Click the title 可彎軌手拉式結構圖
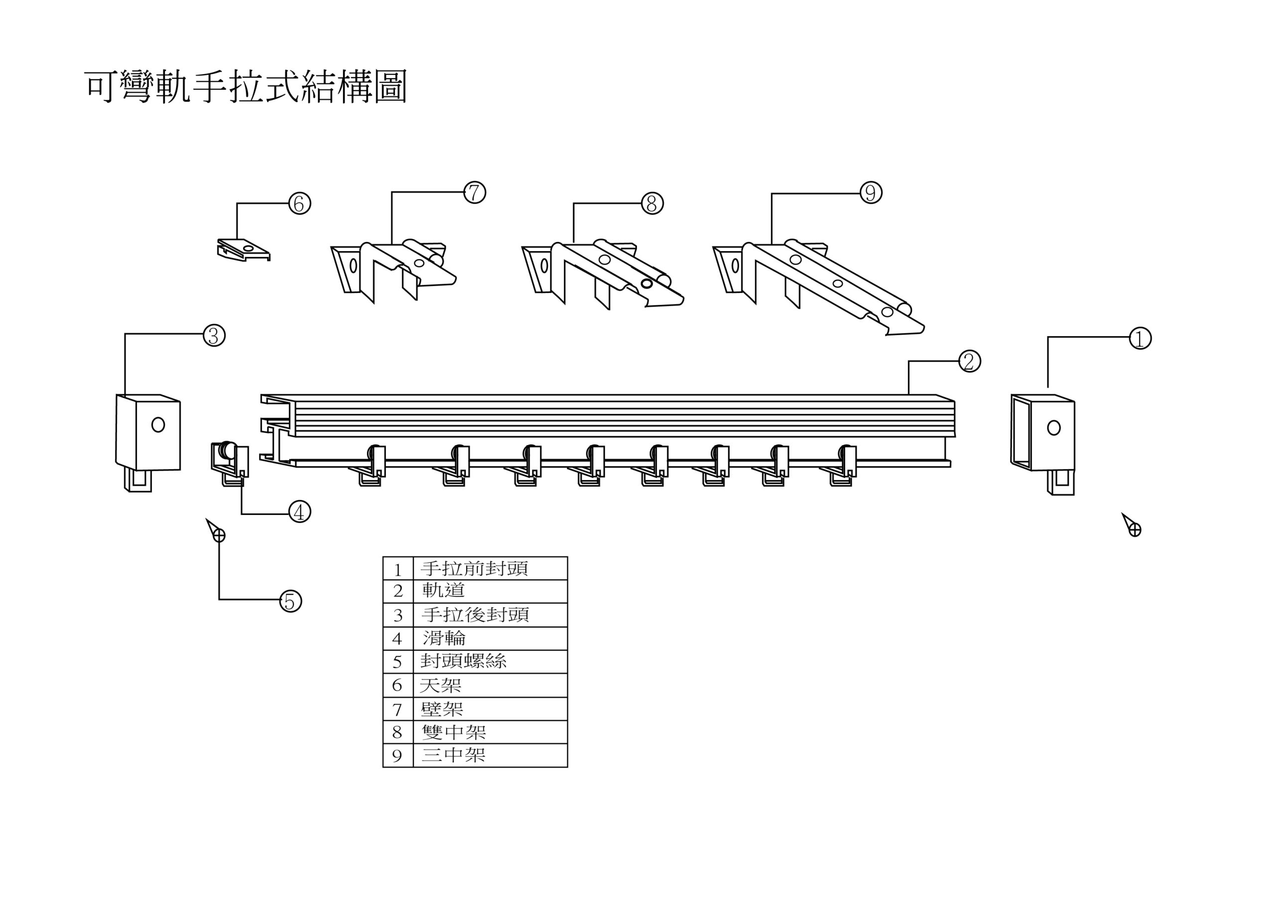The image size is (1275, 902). [246, 87]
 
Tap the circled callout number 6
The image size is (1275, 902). [299, 204]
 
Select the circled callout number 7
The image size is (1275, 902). [474, 193]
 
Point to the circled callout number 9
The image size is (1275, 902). [870, 193]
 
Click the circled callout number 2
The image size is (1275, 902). [969, 362]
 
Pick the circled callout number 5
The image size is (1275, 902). [290, 602]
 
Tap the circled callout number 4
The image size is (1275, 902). [299, 512]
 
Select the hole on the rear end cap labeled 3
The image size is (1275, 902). [158, 425]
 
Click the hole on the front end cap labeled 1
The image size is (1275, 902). [1053, 428]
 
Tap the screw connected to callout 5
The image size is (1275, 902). [217, 532]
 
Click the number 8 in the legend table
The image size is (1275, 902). [397, 733]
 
